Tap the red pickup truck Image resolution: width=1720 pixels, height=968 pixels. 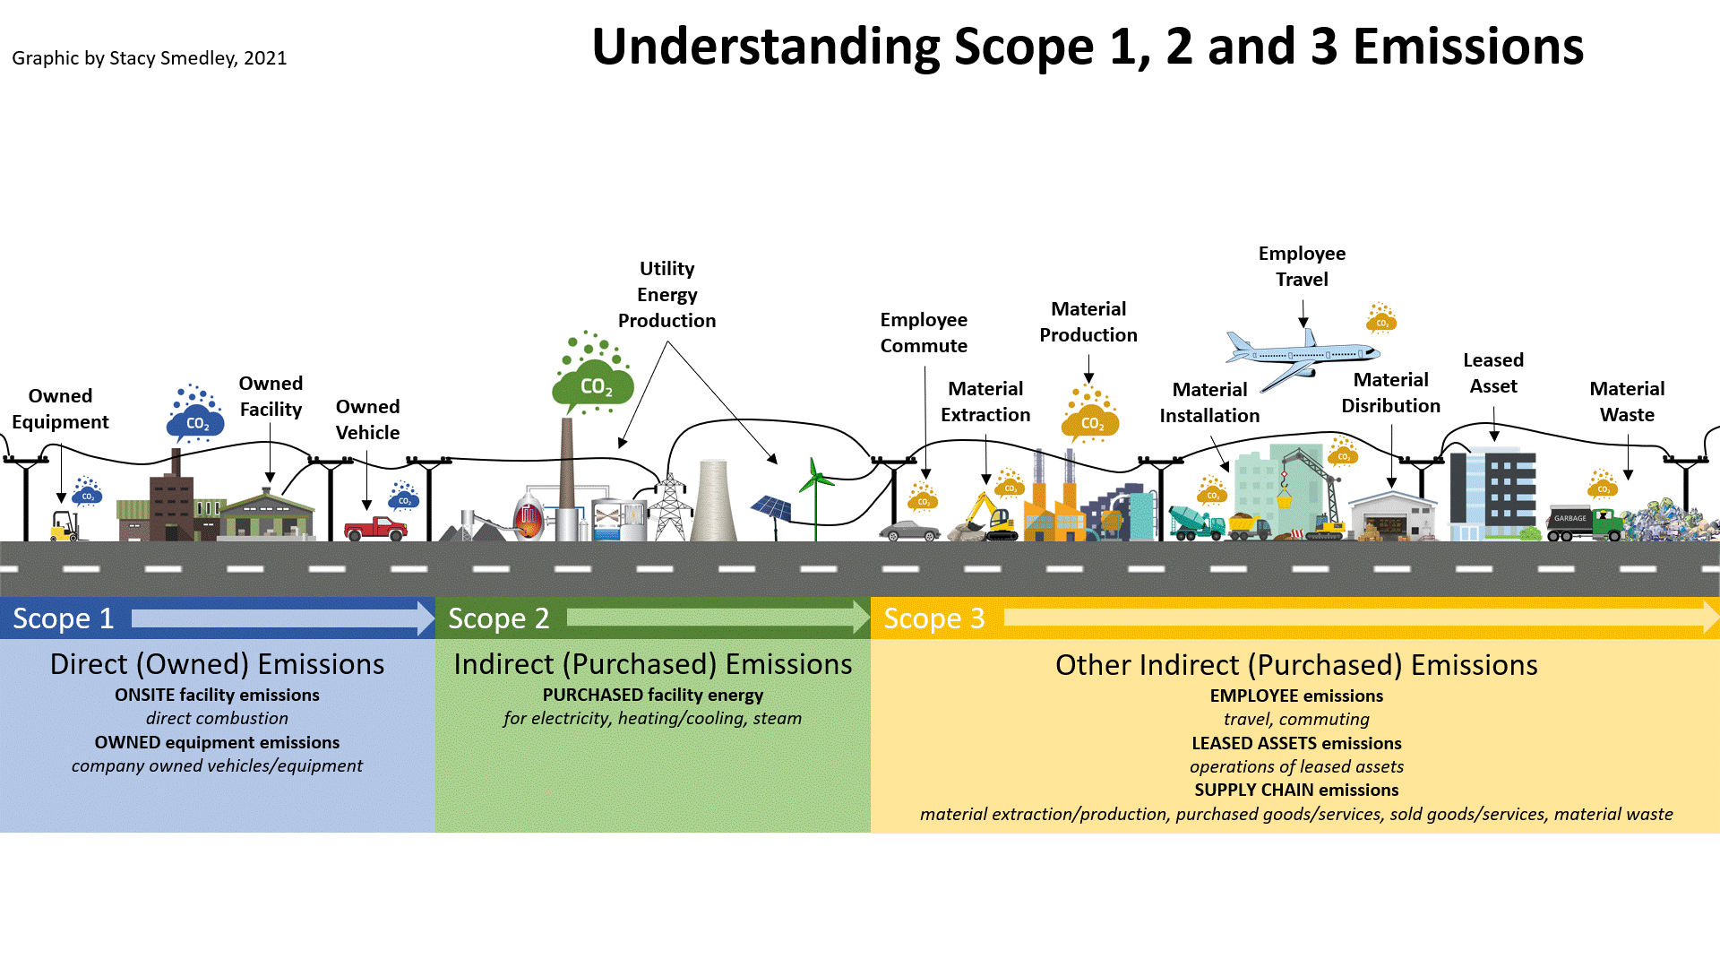click(376, 528)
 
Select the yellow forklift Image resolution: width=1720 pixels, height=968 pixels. click(66, 527)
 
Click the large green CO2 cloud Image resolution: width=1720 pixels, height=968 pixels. click(593, 385)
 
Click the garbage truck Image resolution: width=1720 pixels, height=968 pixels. click(1584, 523)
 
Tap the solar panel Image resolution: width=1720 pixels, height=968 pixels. click(771, 508)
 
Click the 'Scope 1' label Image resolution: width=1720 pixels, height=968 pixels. click(64, 618)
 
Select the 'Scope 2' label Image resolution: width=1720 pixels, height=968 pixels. click(498, 618)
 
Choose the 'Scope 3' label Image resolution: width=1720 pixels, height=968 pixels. click(934, 618)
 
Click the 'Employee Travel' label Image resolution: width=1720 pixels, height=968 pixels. click(1302, 266)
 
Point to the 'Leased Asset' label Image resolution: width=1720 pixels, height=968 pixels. click(1493, 373)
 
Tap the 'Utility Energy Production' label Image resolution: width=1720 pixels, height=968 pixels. click(666, 294)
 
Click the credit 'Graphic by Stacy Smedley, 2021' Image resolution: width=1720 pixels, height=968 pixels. click(150, 58)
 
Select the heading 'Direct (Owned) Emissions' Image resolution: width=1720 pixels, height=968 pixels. click(217, 664)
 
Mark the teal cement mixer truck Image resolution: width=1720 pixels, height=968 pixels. click(1196, 523)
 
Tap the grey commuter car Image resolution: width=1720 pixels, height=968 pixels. click(909, 531)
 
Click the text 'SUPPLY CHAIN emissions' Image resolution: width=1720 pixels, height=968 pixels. click(1296, 790)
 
